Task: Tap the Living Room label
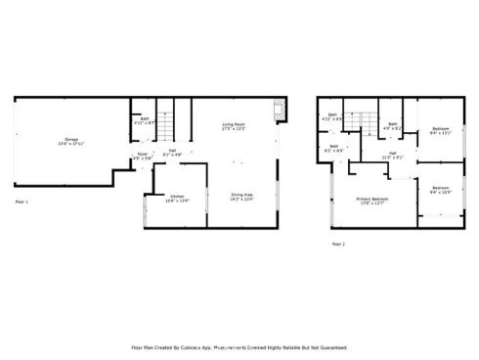(234, 124)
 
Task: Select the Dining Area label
(242, 197)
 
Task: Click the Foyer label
(142, 155)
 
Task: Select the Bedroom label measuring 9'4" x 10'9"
(441, 189)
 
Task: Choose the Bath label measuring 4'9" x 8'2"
(392, 124)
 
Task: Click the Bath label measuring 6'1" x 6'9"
(334, 148)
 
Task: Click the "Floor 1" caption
(22, 202)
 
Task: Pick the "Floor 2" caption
(337, 243)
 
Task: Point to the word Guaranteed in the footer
(329, 347)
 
